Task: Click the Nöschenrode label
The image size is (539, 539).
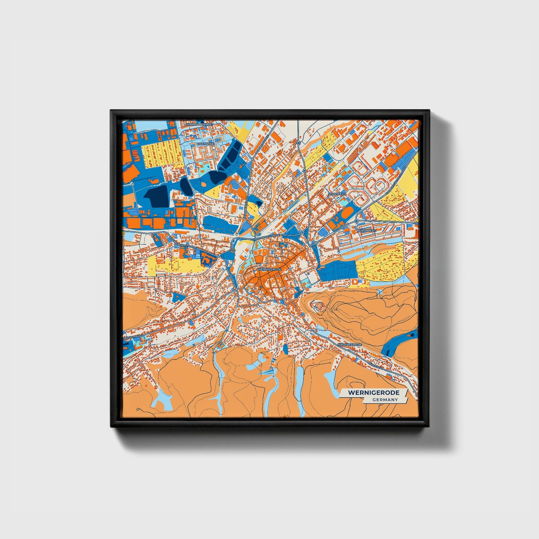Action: coord(350,345)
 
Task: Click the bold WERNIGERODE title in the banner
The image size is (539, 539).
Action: coord(374,393)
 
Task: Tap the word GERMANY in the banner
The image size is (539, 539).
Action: coord(385,399)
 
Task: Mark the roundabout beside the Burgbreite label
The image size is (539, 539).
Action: coord(357,221)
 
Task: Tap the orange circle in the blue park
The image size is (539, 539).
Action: coord(204,184)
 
